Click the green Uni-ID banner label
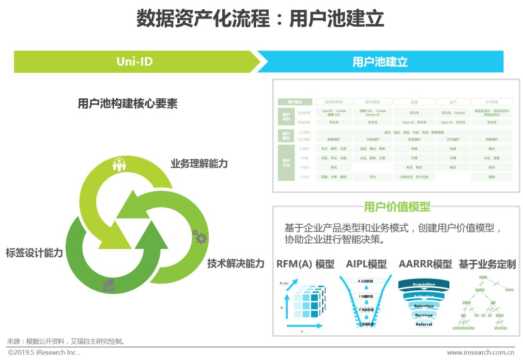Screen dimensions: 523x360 coord(134,62)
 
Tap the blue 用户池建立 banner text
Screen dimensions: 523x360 coord(380,62)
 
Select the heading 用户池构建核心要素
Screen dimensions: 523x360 coord(128,104)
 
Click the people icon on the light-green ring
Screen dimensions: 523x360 coord(119,165)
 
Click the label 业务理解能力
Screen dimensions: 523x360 coord(199,164)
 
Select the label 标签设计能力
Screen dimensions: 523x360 coord(34,252)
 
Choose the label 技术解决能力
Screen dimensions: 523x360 coord(236,263)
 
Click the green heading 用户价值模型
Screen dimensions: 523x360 coord(397,207)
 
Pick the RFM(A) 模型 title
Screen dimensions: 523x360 coord(305,264)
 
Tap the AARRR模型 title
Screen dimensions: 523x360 coord(425,264)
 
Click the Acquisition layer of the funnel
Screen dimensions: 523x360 coord(424,284)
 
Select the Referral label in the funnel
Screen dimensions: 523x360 coord(424,324)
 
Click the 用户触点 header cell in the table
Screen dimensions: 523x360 coord(294,102)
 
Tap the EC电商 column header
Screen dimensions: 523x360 coord(492,102)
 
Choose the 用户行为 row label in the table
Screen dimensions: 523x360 coord(286,163)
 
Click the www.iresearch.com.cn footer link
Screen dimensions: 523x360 coord(480,353)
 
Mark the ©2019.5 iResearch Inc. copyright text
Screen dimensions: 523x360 coord(44,353)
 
